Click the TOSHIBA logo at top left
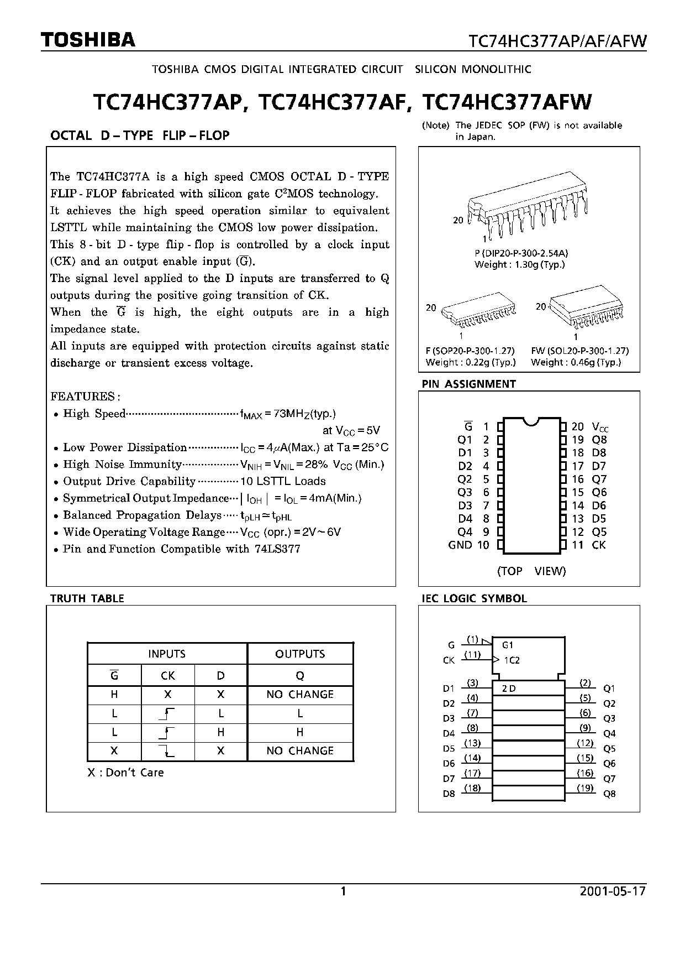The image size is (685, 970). [88, 40]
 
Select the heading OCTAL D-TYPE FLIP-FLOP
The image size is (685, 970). [140, 135]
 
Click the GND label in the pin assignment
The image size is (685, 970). [460, 545]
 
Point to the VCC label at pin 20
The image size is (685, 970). [600, 427]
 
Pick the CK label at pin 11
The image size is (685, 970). [598, 545]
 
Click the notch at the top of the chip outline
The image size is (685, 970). [530, 421]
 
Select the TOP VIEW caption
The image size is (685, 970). [531, 571]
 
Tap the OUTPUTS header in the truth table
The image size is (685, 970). [300, 654]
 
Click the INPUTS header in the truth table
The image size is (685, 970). [167, 654]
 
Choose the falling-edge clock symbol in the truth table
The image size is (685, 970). [167, 750]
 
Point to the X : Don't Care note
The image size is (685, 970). [126, 773]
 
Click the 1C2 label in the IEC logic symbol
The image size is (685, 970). [512, 660]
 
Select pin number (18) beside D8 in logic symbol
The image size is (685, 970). [472, 788]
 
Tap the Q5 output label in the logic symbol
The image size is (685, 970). [609, 749]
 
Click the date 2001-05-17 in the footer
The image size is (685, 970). [613, 891]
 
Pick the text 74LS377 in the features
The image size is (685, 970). [277, 549]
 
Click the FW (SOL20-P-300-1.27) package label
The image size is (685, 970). [579, 351]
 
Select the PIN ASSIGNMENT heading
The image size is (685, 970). [468, 384]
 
